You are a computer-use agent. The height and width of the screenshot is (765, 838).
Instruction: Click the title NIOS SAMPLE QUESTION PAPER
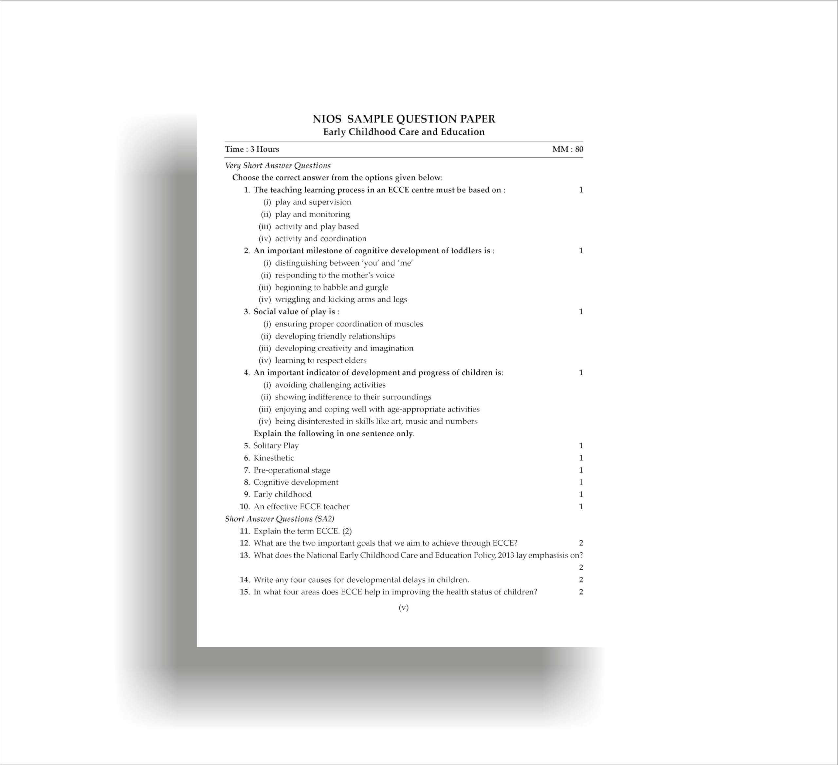404,119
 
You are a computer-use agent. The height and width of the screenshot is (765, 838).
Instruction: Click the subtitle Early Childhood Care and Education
404,132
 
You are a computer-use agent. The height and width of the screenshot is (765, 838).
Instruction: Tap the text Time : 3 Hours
252,149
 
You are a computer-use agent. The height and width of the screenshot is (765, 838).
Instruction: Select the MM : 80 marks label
567,149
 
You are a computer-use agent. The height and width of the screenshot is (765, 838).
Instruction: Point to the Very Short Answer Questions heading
278,166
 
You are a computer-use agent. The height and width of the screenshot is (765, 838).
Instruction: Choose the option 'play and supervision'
313,202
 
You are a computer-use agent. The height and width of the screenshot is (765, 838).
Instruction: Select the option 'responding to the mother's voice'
334,275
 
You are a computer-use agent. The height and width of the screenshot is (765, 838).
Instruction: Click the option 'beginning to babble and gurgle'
331,287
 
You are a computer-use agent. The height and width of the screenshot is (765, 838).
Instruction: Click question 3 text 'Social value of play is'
296,312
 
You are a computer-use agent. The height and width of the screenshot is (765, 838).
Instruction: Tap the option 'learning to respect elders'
320,360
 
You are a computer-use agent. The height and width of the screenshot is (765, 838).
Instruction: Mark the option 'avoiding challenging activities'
330,385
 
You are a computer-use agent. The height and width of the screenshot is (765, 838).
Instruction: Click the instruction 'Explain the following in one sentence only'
333,434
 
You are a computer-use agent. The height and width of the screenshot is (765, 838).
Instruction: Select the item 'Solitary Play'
276,446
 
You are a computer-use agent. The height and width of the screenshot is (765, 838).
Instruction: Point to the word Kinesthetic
274,458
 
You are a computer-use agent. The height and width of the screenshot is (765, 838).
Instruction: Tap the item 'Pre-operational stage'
291,470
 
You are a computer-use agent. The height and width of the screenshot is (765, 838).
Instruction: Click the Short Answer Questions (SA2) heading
279,519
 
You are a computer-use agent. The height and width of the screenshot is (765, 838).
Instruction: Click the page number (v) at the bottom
404,608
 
